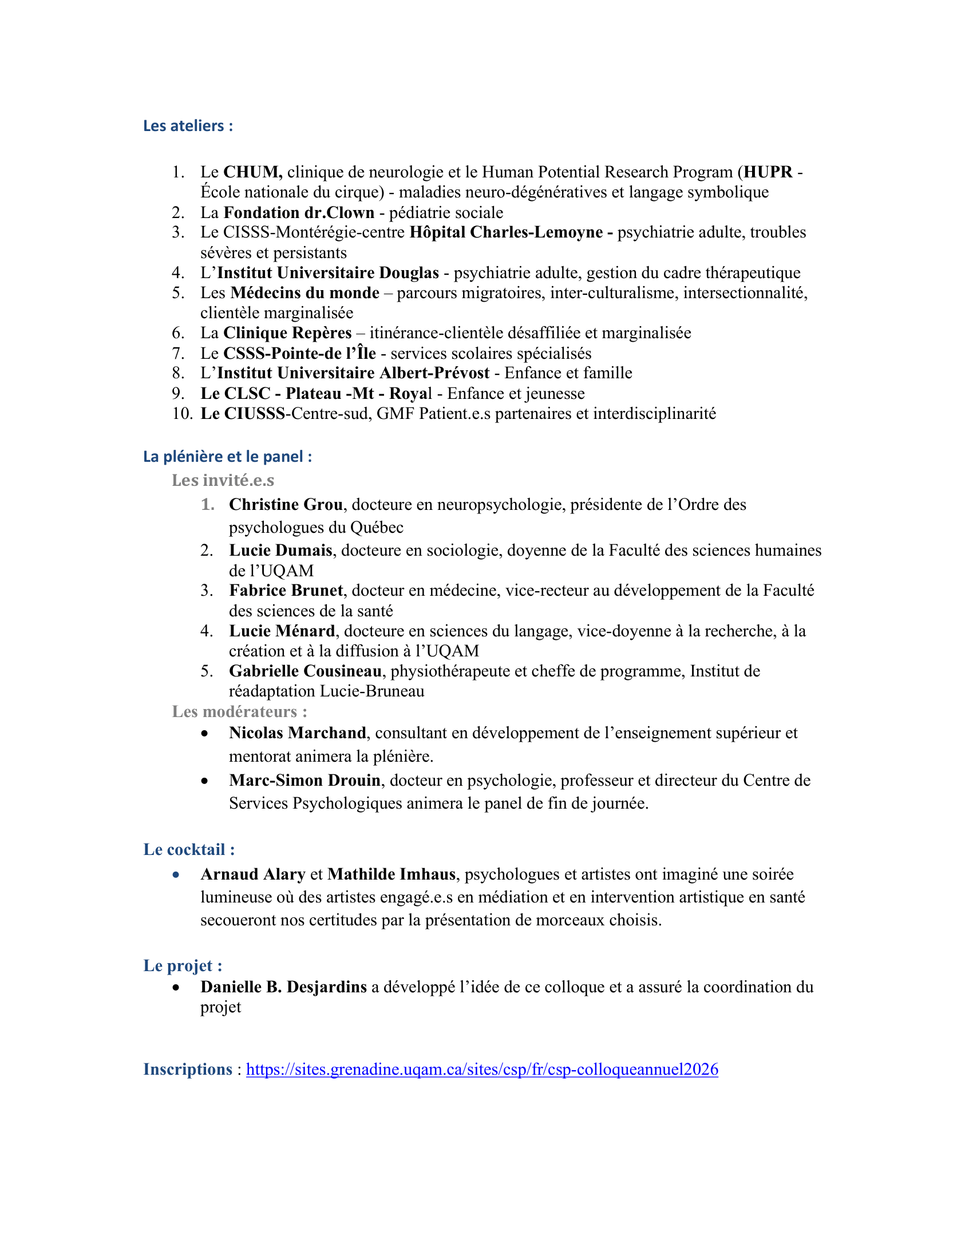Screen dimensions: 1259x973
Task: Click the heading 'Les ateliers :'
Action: click(x=188, y=126)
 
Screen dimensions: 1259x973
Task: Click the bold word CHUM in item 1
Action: click(x=252, y=172)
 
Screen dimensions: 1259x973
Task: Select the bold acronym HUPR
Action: click(x=767, y=172)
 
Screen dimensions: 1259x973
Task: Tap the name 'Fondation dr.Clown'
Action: click(x=299, y=213)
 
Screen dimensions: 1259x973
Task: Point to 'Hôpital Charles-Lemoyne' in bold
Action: click(x=506, y=232)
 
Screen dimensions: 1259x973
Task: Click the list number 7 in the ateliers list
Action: click(x=178, y=353)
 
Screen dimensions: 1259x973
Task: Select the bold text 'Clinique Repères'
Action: click(x=287, y=333)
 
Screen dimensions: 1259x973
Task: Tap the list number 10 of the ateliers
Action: click(x=181, y=413)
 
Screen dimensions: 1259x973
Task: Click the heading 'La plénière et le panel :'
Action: click(x=228, y=457)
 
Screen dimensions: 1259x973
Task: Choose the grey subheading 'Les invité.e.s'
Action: click(x=223, y=480)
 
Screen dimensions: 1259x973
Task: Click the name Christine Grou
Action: click(x=286, y=504)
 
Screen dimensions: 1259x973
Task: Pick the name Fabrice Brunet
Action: click(x=286, y=591)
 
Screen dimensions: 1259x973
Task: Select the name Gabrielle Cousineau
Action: click(x=305, y=671)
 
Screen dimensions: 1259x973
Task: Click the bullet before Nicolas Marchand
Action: click(x=205, y=734)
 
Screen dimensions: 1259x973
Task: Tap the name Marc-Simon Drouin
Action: click(x=304, y=780)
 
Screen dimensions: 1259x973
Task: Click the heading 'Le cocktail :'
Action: click(x=189, y=849)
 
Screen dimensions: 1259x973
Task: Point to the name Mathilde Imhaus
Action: click(x=391, y=874)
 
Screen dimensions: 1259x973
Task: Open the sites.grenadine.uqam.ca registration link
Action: click(x=482, y=1070)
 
